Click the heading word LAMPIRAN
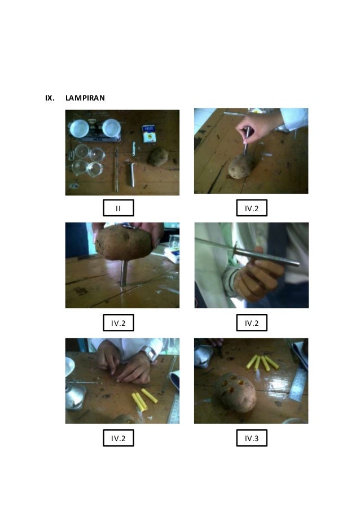click(x=85, y=98)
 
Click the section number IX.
click(x=50, y=98)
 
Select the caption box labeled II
click(x=118, y=209)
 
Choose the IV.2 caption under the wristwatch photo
click(x=118, y=438)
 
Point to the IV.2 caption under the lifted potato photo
click(x=118, y=323)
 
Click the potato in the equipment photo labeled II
click(x=158, y=156)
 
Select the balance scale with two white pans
click(x=95, y=129)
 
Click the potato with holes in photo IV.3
click(x=237, y=391)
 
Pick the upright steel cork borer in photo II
click(x=131, y=175)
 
